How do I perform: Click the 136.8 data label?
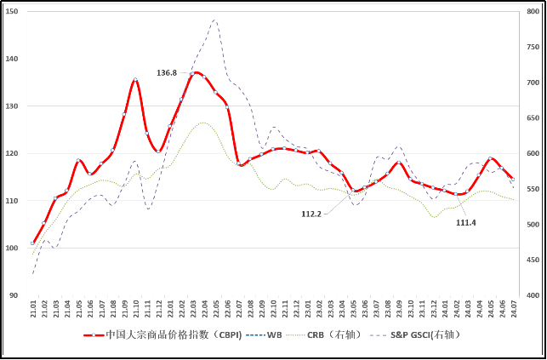[167, 73]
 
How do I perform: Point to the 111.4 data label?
[465, 222]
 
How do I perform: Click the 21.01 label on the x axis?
[33, 308]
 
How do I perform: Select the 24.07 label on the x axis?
[513, 308]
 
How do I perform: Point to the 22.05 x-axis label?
[216, 308]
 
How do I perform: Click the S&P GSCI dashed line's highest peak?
[214, 20]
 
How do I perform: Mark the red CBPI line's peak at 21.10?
[135, 80]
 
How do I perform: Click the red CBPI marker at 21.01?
[33, 243]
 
